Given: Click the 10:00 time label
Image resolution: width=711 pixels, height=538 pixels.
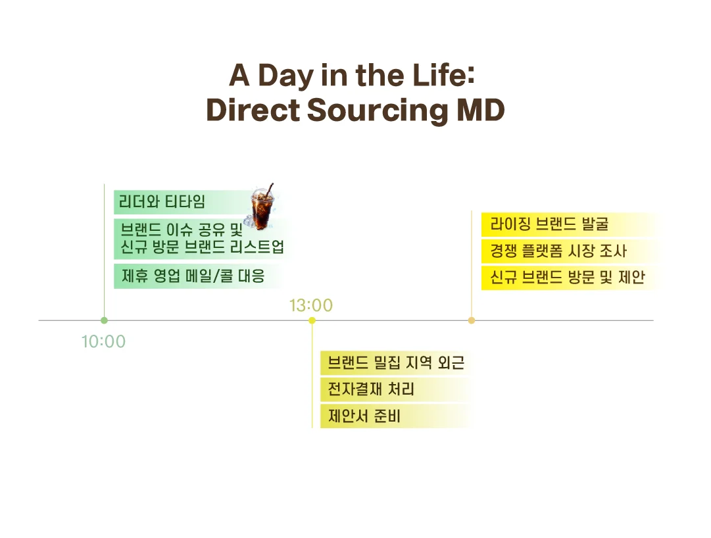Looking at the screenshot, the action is click(103, 341).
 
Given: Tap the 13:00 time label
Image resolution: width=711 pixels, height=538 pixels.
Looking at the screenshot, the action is click(311, 305).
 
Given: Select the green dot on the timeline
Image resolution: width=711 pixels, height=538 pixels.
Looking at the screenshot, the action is click(105, 320).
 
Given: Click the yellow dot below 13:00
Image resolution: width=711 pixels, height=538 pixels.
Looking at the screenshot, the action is click(312, 320).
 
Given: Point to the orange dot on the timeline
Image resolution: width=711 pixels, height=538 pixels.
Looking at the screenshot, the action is click(472, 320).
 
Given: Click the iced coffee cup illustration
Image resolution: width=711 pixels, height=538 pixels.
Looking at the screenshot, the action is click(262, 208).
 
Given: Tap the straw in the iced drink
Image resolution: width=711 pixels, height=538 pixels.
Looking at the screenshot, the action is click(270, 189).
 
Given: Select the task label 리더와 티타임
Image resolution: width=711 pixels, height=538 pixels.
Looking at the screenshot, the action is click(162, 201).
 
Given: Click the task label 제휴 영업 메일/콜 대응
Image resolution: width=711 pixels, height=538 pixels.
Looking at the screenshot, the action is click(193, 276).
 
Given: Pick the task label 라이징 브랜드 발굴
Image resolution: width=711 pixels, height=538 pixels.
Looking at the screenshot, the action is click(549, 224).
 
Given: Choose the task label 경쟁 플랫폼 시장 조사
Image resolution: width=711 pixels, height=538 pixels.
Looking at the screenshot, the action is click(558, 250).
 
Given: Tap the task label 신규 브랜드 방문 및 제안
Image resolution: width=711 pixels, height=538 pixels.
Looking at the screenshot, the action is click(567, 276).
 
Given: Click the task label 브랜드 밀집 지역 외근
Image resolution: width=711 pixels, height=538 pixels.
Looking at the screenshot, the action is click(396, 362).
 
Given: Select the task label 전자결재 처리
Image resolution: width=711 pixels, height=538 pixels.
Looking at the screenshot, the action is click(371, 389).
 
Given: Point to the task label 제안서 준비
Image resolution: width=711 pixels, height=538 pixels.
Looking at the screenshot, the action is click(364, 415).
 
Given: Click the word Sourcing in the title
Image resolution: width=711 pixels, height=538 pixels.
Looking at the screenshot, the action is click(378, 110).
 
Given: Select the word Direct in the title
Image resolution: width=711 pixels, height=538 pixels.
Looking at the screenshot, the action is click(253, 110).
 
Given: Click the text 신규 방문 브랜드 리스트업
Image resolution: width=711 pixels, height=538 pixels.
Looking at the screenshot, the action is click(202, 247).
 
